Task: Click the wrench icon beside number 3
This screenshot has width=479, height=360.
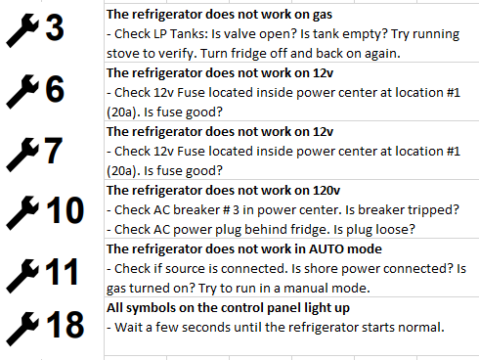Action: tap(22, 30)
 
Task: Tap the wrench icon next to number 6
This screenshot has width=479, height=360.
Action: tap(22, 90)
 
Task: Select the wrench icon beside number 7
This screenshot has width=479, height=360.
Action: tap(22, 151)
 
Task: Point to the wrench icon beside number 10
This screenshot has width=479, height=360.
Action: tap(22, 209)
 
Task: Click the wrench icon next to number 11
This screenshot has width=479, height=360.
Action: tap(22, 270)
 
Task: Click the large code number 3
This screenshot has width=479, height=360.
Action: tap(55, 29)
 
